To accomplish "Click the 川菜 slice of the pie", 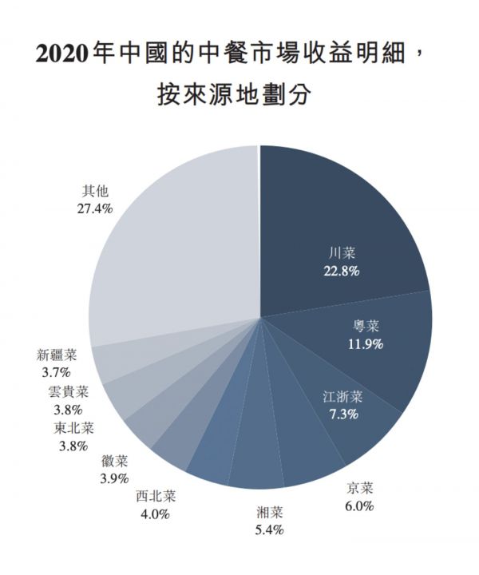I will tap(351, 216).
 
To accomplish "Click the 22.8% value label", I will tap(341, 272).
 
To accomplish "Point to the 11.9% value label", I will tap(366, 344).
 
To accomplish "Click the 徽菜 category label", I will tap(114, 462).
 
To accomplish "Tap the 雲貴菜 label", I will tap(67, 391).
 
